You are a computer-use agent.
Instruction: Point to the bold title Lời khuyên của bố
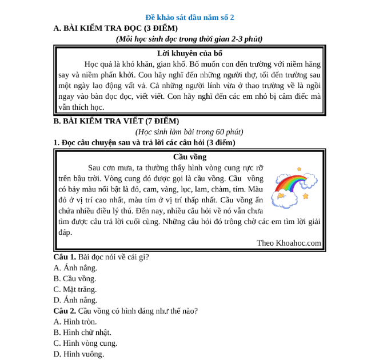click(x=189, y=53)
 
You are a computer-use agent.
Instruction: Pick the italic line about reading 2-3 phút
click(x=189, y=39)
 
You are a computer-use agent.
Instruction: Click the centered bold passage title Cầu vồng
click(x=189, y=157)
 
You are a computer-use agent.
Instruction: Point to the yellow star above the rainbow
click(x=299, y=169)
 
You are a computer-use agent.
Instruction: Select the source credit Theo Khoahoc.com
click(x=289, y=243)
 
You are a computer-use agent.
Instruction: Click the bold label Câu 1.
click(x=65, y=257)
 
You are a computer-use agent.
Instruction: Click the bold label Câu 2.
click(x=65, y=311)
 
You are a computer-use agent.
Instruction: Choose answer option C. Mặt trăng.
click(x=75, y=289)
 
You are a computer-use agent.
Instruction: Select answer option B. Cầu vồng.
click(x=75, y=278)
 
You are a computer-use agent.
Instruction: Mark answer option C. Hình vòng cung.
click(x=85, y=343)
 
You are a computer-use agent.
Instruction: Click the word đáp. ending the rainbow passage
click(x=65, y=233)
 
